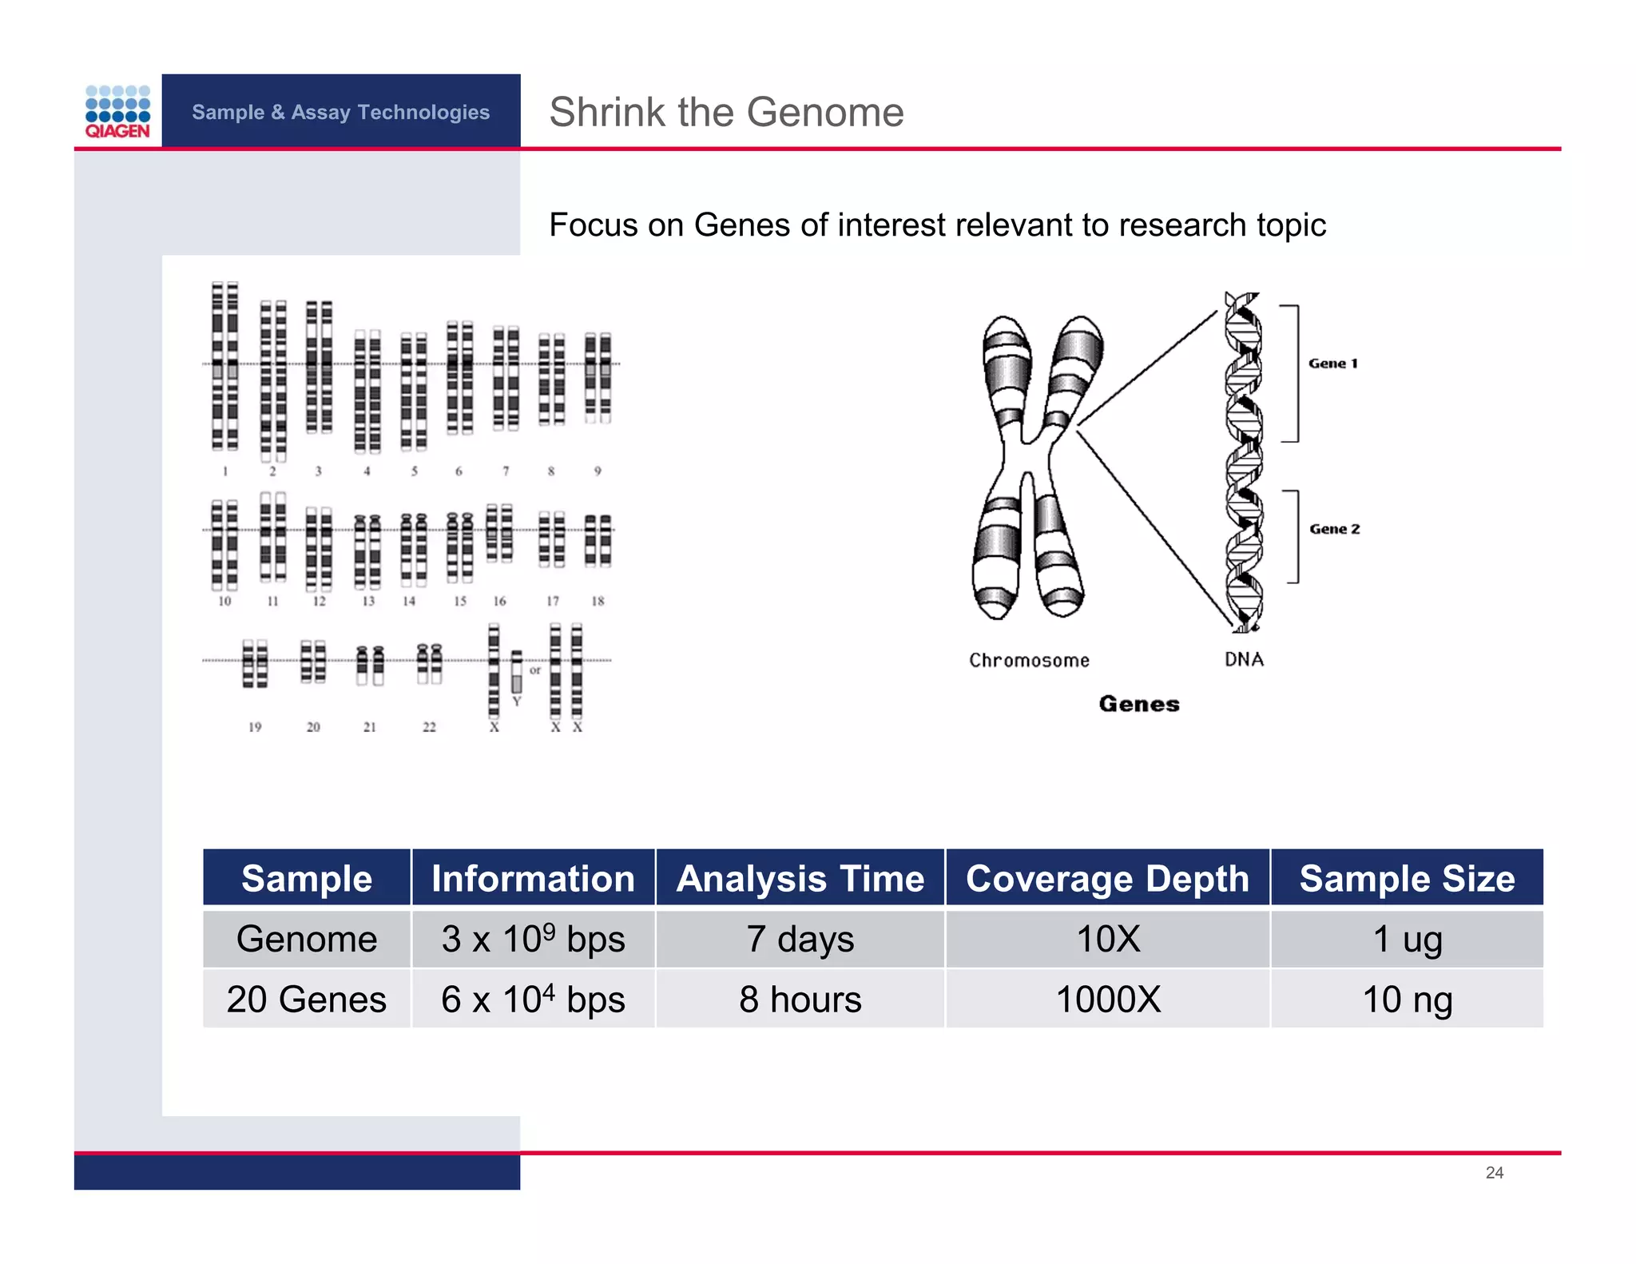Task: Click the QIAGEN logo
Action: (x=117, y=112)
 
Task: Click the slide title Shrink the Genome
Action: (x=726, y=112)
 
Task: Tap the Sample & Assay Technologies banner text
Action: (x=340, y=112)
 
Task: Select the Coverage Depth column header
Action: (x=1107, y=878)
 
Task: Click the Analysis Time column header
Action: (x=800, y=878)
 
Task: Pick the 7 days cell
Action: (x=800, y=939)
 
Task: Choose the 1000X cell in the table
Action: (x=1107, y=999)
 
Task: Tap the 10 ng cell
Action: (x=1406, y=999)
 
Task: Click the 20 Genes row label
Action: (x=307, y=999)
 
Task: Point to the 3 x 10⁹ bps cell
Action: (x=533, y=939)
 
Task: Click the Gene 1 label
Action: (x=1332, y=364)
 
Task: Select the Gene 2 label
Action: (x=1334, y=529)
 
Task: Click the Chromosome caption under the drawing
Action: (x=1029, y=661)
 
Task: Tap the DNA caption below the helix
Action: (x=1244, y=659)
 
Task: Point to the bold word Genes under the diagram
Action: (x=1138, y=704)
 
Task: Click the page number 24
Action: (x=1494, y=1172)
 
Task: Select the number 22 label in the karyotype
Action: (x=429, y=727)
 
